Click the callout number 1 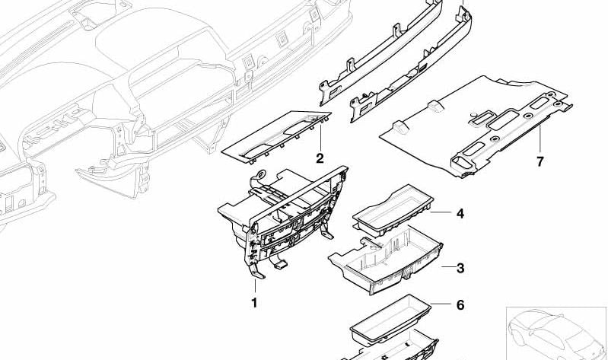254,302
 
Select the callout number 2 320,158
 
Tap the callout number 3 460,268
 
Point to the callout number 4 460,214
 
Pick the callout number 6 460,305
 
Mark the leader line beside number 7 540,141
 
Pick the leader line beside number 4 443,214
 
